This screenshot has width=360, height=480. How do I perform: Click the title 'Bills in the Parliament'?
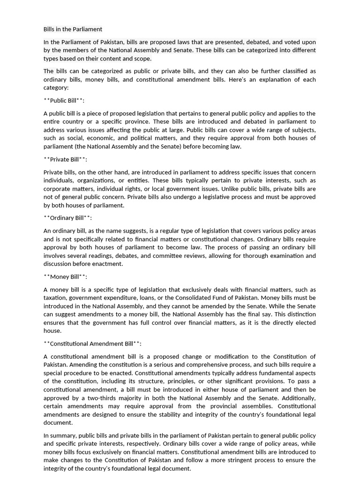pos(73,29)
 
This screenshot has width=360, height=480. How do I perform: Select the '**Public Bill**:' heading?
pos(64,100)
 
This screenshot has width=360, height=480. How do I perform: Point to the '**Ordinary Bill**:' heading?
pos(67,218)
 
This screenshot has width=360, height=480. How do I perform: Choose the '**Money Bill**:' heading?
pos(65,277)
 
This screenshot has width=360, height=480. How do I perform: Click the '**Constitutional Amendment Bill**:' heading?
pos(92,344)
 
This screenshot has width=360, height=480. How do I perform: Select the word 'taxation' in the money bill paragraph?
pos(56,298)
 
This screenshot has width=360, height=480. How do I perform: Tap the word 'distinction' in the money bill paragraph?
pos(300,314)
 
